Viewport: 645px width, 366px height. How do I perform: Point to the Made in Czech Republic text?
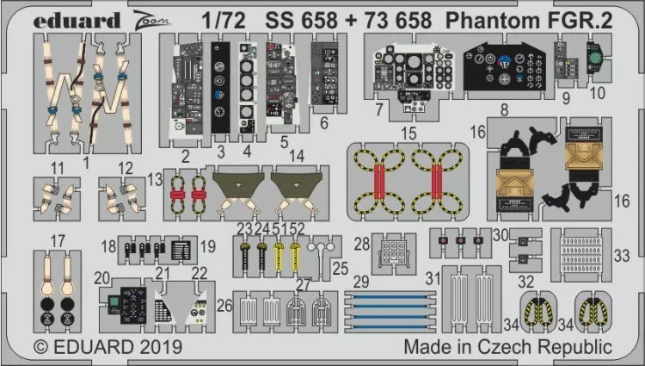[508, 348]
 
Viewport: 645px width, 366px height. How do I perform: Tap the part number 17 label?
[57, 240]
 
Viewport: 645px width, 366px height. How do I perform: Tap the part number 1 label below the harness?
[86, 161]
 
